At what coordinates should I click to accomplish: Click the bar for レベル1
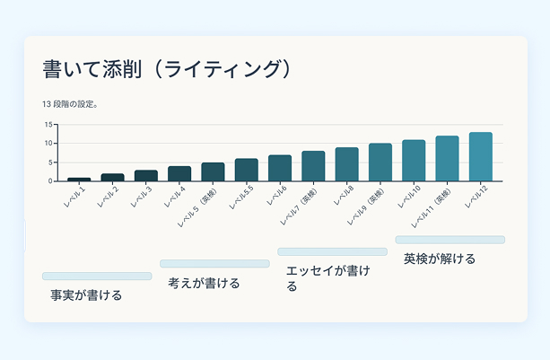[x=79, y=179]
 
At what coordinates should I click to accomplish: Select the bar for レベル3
[x=146, y=175]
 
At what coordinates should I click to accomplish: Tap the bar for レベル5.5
[x=247, y=170]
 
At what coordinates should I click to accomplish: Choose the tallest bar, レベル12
[x=480, y=157]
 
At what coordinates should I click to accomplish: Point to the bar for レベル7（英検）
[x=313, y=166]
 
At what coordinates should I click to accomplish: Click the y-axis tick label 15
[x=50, y=125]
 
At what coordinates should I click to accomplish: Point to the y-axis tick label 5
[x=52, y=162]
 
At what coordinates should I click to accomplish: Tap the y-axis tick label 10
[x=50, y=144]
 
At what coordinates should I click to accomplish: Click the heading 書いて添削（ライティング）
[x=168, y=69]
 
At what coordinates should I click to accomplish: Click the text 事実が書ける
[x=86, y=294]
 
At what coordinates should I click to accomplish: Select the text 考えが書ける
[x=204, y=283]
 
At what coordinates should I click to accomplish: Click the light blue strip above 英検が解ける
[x=450, y=240]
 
